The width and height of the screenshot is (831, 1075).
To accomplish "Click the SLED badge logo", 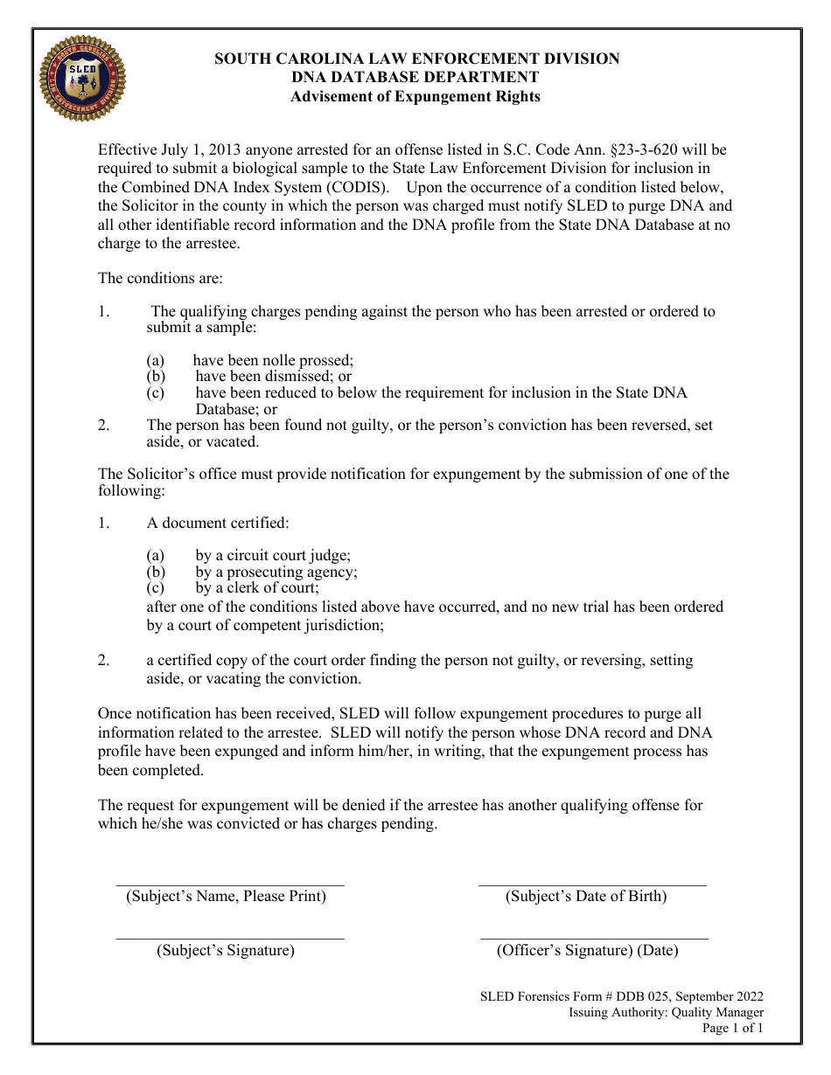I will tap(83, 79).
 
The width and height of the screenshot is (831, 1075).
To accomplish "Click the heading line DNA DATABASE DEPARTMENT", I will tap(415, 78).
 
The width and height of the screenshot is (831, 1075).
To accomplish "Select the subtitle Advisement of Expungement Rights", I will tap(415, 97).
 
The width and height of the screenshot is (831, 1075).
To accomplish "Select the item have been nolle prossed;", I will tap(273, 360).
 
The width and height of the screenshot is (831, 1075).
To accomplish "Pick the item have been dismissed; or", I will tap(273, 377).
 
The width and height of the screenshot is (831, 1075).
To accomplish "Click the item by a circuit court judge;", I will tap(273, 556).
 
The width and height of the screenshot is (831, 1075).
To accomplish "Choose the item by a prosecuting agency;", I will tap(276, 572).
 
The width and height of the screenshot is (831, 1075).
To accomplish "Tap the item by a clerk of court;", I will tap(257, 588).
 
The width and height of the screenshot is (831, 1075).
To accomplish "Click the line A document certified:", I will tap(218, 524).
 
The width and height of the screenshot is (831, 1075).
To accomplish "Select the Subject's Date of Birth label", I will tap(586, 897).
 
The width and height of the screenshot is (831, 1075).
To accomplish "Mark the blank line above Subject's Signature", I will tap(230, 939).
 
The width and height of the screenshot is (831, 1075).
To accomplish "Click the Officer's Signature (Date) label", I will tap(588, 951).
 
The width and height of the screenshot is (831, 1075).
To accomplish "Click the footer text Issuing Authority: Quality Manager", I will tap(666, 1013).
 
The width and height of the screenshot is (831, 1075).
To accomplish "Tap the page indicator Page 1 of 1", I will tap(732, 1029).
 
